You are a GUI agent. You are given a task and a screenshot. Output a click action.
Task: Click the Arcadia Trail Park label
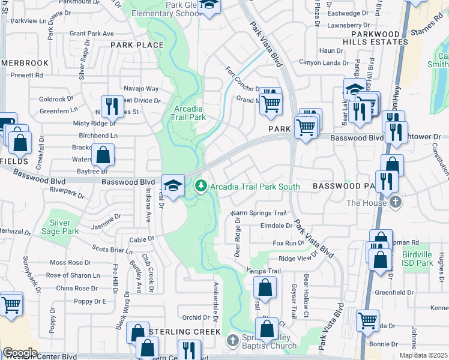coord(189,113)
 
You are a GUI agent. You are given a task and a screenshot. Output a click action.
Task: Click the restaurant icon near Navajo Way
coord(112,107)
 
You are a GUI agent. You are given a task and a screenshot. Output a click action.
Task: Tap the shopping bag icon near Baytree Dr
coord(103,154)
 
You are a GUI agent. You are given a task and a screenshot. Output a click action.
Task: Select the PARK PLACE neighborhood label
coord(137,45)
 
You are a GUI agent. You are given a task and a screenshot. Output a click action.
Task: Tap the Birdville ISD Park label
coord(417,259)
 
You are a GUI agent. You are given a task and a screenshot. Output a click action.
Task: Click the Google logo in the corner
coord(20,353)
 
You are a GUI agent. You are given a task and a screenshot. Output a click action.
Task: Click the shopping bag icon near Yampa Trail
coord(265,287)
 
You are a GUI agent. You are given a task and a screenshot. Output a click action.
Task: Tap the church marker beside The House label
coord(395,203)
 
